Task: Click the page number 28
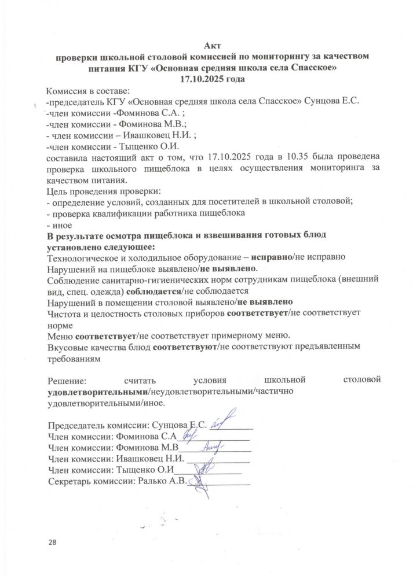point(54,541)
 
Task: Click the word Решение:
point(65,380)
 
